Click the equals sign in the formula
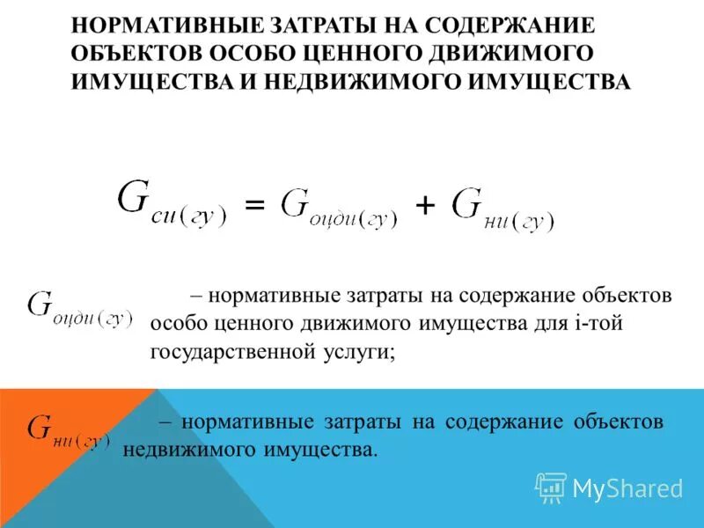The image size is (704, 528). pos(253,206)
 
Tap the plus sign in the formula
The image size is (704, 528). pos(425,206)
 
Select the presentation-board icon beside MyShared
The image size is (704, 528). pos(551,487)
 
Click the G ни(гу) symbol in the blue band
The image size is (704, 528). pos(69,429)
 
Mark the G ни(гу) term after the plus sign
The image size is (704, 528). pos(502,208)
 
